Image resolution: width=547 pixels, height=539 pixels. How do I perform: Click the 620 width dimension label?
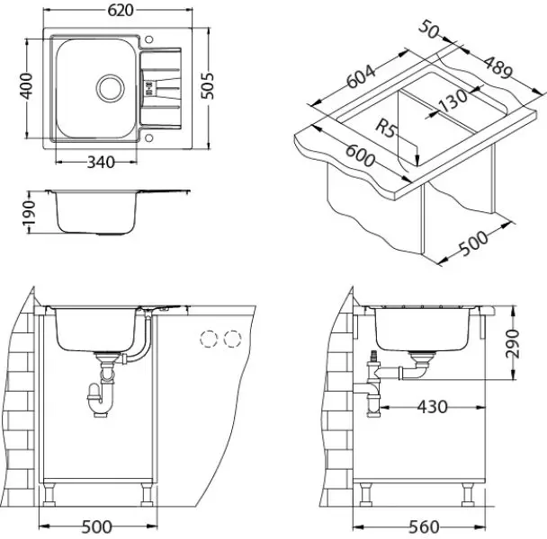coord(121,10)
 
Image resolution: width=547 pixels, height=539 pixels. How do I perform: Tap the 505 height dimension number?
coord(207,85)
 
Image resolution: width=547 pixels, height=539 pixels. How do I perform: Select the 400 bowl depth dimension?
coord(26,86)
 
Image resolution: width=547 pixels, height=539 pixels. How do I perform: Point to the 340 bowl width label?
coord(101,162)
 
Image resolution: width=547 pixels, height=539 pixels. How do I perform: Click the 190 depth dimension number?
coord(29,213)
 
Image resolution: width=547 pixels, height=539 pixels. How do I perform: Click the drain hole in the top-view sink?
coord(111,88)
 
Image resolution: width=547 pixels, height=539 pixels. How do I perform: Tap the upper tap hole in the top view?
coord(148,40)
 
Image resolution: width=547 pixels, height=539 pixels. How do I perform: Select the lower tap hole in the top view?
coord(148,138)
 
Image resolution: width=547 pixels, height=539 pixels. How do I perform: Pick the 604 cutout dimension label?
coord(361,76)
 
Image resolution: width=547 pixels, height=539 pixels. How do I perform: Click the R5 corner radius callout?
coord(386,128)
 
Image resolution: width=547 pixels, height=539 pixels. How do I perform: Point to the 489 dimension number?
coord(498,67)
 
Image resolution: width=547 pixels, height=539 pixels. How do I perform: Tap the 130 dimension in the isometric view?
coord(452,100)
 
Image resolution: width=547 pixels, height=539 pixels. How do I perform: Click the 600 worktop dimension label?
coord(361,155)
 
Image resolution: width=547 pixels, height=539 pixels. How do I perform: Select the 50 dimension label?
coord(428,30)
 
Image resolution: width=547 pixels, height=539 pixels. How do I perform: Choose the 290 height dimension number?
coord(512,343)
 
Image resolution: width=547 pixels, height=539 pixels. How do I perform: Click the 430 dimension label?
coord(432,407)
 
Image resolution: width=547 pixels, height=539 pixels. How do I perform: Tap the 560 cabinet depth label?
coord(424,526)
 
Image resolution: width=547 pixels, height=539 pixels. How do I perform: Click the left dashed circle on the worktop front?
coord(209,339)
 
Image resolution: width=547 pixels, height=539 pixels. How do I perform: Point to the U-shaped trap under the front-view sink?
coord(101,402)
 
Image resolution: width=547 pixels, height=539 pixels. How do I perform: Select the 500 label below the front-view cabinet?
coord(96,526)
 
